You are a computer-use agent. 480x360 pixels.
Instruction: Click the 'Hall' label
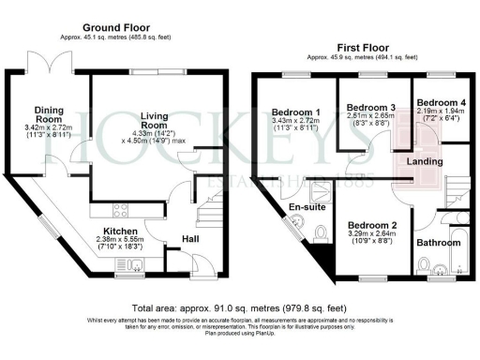tap(189, 239)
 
